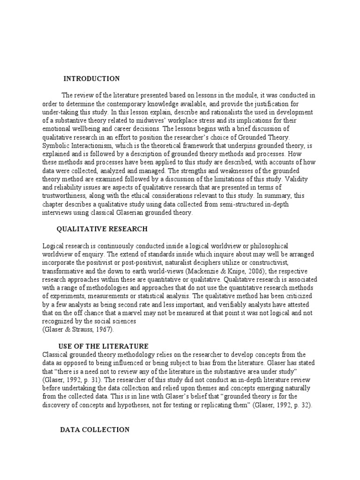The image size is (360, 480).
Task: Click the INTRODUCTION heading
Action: (x=91, y=79)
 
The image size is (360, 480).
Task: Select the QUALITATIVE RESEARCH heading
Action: (x=102, y=229)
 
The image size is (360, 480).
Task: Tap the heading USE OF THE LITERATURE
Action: (x=104, y=346)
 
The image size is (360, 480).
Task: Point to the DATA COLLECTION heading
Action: (x=96, y=429)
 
